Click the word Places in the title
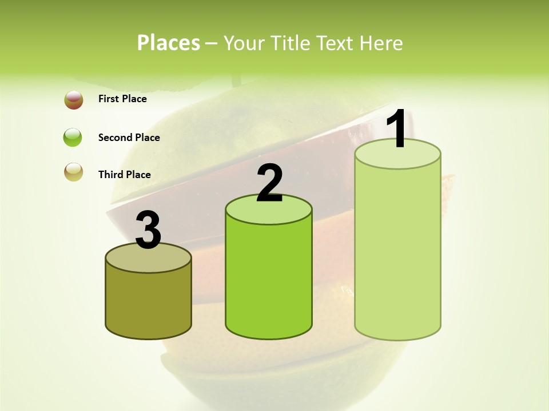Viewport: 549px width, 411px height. tap(169, 43)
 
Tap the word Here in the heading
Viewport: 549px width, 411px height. tap(380, 43)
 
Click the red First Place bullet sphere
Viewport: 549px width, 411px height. tap(74, 100)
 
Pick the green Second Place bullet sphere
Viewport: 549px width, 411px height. tap(73, 138)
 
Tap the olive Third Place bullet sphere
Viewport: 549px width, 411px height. tap(74, 172)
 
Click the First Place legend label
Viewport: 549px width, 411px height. tap(122, 99)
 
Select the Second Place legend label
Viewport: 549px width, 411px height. tap(129, 138)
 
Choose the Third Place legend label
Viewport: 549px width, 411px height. tap(124, 175)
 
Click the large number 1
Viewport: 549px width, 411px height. tap(397, 130)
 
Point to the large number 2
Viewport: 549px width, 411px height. tap(270, 183)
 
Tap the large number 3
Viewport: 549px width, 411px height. tap(148, 231)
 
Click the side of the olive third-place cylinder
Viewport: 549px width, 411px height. tap(148, 303)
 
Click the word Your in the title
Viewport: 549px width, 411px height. tap(242, 43)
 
